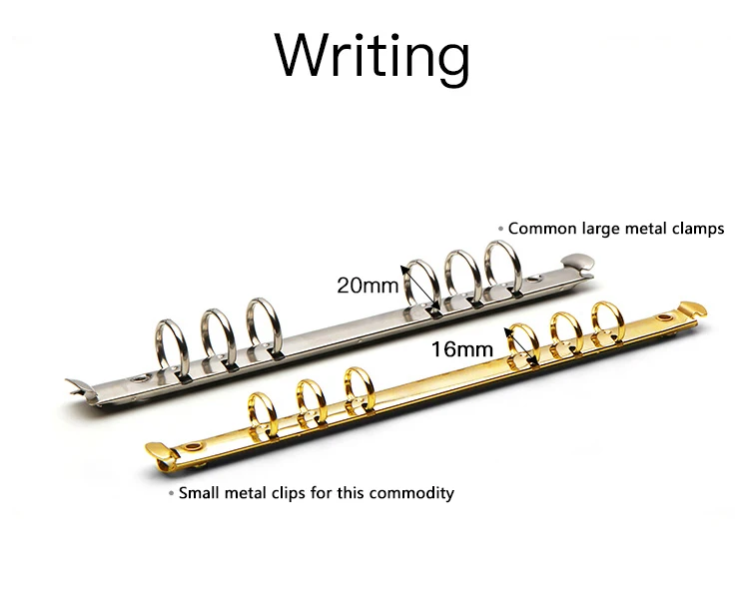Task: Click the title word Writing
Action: click(374, 55)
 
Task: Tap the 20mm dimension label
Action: click(367, 285)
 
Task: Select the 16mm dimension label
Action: click(462, 348)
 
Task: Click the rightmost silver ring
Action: click(502, 265)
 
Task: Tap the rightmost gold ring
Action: click(608, 322)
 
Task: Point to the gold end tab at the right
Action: click(693, 307)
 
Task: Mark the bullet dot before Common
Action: click(501, 229)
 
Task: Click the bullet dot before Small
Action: click(171, 493)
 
